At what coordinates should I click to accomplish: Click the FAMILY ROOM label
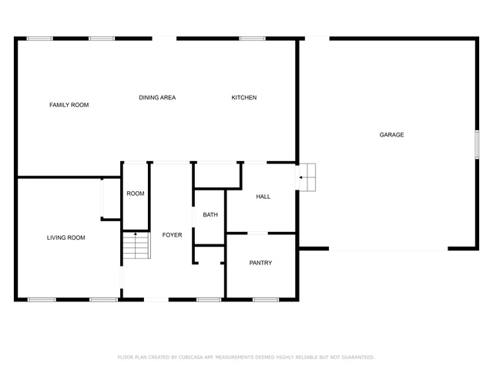pyautogui.click(x=69, y=105)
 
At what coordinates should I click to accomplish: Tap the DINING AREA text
pyautogui.click(x=157, y=98)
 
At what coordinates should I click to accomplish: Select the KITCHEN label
pyautogui.click(x=244, y=98)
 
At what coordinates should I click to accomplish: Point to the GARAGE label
pyautogui.click(x=391, y=135)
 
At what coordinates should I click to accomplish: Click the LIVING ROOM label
pyautogui.click(x=66, y=237)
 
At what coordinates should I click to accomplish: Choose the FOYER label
pyautogui.click(x=172, y=235)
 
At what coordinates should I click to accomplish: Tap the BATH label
pyautogui.click(x=210, y=215)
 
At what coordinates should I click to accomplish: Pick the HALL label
pyautogui.click(x=263, y=197)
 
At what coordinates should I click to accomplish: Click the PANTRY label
pyautogui.click(x=260, y=263)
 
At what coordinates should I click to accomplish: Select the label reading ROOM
pyautogui.click(x=136, y=193)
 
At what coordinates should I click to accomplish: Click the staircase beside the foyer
pyautogui.click(x=136, y=245)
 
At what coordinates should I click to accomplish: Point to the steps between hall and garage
pyautogui.click(x=307, y=177)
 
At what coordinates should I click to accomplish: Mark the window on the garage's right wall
pyautogui.click(x=477, y=144)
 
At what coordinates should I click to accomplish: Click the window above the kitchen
pyautogui.click(x=252, y=39)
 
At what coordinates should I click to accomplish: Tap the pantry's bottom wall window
pyautogui.click(x=266, y=300)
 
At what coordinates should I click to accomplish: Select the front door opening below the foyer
pyautogui.click(x=156, y=300)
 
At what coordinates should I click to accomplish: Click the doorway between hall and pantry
pyautogui.click(x=257, y=233)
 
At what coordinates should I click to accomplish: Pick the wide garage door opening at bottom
pyautogui.click(x=388, y=249)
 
